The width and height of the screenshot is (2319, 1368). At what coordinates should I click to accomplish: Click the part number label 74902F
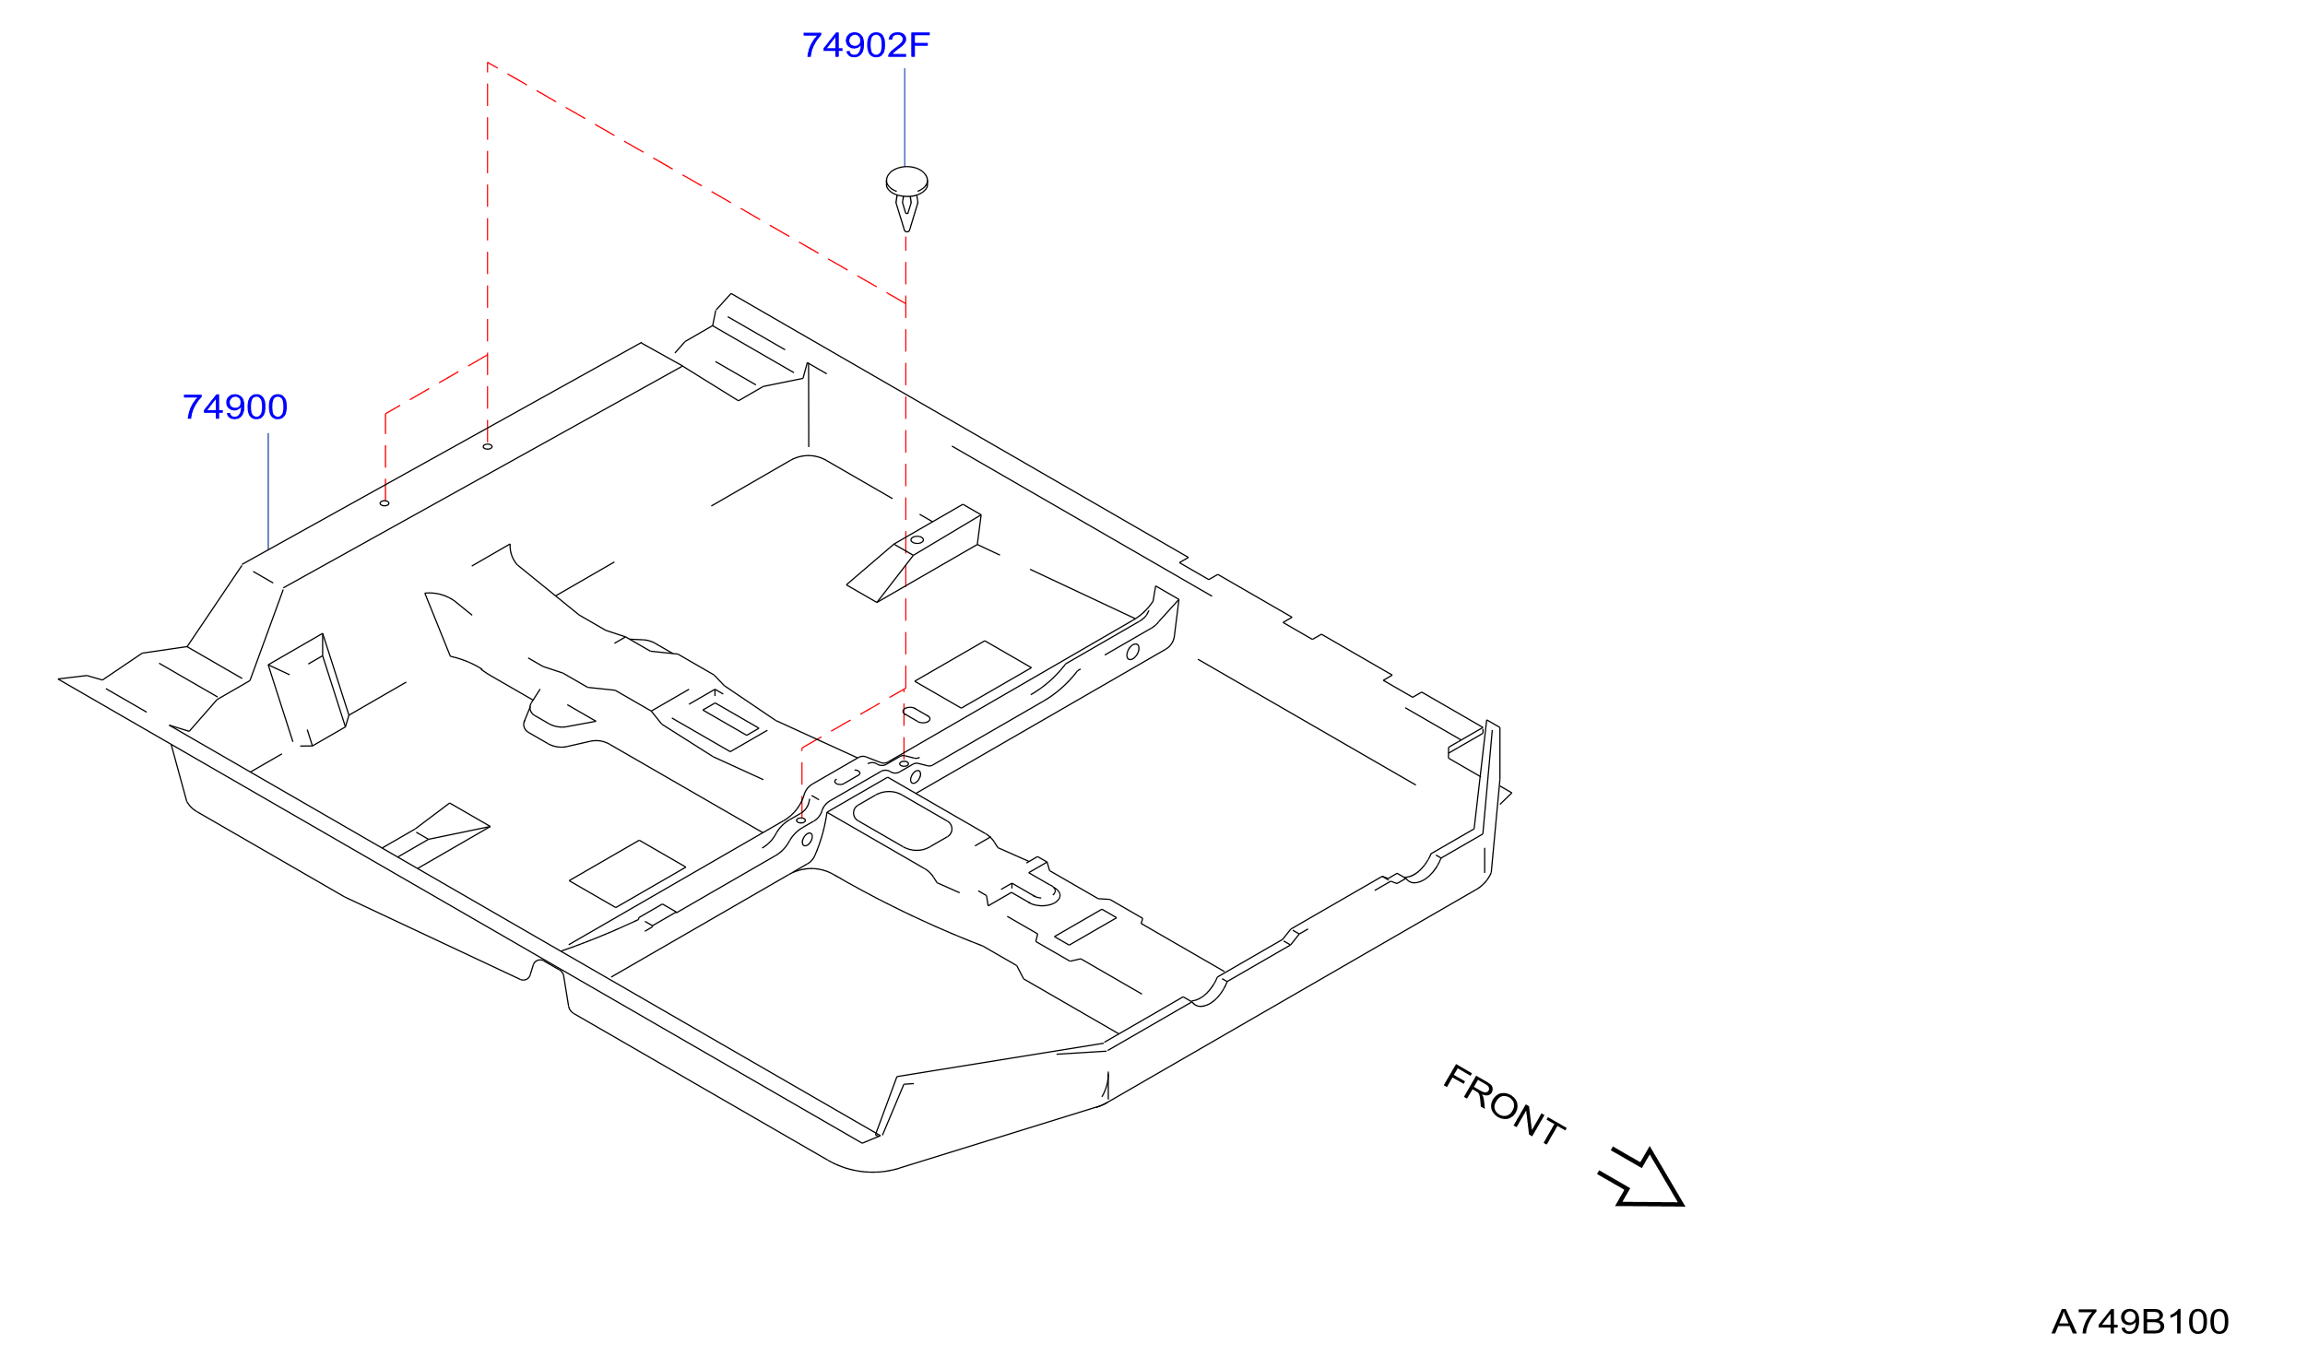point(866,45)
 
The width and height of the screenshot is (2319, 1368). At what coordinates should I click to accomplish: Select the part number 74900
point(235,407)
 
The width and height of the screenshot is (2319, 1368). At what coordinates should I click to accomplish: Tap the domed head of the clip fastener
point(906,181)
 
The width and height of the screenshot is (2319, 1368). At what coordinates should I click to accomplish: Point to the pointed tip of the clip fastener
point(907,230)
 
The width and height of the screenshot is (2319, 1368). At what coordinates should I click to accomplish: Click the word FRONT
point(1504,1105)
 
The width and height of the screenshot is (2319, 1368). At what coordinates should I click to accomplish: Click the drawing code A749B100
point(2139,1322)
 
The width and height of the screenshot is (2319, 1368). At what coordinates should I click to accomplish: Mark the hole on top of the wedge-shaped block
point(917,540)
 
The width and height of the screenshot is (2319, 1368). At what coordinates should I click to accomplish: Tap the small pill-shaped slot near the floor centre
point(917,714)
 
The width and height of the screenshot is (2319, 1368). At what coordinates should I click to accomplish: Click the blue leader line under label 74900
point(268,491)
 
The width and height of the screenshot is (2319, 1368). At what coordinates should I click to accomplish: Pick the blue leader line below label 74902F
point(905,117)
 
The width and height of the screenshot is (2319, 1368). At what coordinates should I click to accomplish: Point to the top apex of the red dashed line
point(488,63)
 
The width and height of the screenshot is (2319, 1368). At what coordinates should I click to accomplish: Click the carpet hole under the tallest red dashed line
point(488,447)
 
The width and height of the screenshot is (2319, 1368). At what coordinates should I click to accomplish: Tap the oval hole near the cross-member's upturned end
point(1133,652)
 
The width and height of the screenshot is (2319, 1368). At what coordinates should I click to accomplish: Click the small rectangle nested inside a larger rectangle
point(730,719)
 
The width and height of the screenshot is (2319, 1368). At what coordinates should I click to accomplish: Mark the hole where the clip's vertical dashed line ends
point(905,764)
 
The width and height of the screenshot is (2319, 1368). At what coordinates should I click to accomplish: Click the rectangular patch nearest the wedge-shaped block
point(973,674)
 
